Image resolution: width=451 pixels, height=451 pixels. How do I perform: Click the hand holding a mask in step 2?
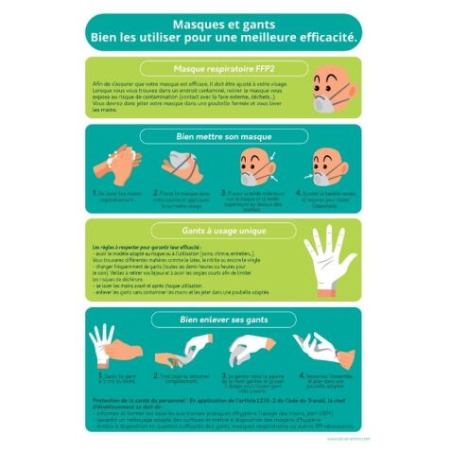[x=180, y=163]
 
